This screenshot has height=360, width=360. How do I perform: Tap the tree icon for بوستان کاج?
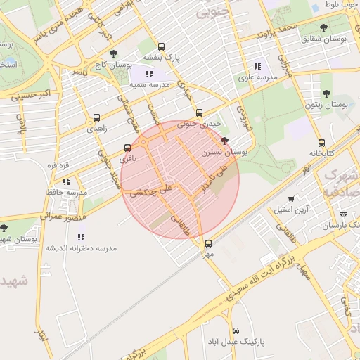(114, 53)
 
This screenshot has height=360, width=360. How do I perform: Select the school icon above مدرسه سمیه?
(148, 74)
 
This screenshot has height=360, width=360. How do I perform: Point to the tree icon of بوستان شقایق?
(323, 27)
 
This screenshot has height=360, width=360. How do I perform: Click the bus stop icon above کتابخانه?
(321, 143)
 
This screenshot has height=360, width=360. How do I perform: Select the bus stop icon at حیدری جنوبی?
(199, 112)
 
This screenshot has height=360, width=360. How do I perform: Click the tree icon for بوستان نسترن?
(224, 141)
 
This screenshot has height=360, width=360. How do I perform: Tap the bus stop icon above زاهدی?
(96, 118)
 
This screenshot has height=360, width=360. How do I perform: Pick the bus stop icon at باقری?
(127, 148)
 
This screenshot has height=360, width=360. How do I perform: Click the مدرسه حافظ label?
(71, 191)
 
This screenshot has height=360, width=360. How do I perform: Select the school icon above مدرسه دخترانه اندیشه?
(81, 238)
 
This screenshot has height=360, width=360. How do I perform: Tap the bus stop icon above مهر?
(207, 243)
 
